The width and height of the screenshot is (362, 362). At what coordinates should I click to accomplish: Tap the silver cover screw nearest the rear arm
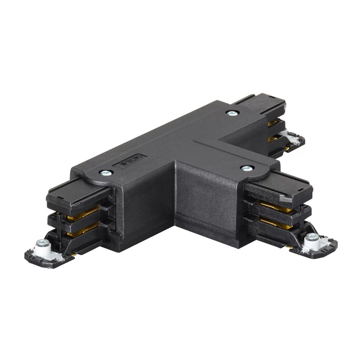pyautogui.click(x=231, y=113)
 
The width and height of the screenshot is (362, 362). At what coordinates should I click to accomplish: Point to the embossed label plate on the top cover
pyautogui.click(x=132, y=160)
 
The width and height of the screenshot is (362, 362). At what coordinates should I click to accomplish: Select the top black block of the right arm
pyautogui.click(x=278, y=189)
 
